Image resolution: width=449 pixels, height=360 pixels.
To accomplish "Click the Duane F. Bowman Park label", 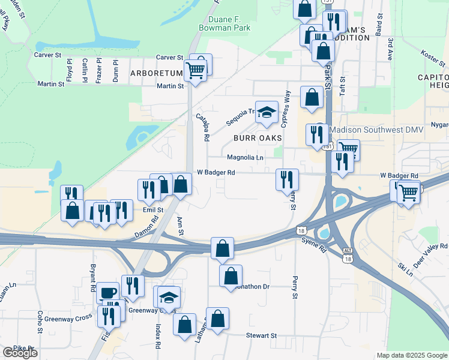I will pyautogui.click(x=225, y=22).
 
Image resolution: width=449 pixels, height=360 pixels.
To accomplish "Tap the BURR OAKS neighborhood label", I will pyautogui.click(x=258, y=137).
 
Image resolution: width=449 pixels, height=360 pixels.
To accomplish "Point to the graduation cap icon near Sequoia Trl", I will pyautogui.click(x=266, y=112).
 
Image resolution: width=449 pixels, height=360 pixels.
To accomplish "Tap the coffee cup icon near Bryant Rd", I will pyautogui.click(x=108, y=292).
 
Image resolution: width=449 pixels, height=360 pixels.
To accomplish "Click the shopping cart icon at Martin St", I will pyautogui.click(x=195, y=70).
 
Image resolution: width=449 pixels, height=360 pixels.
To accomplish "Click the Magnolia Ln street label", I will pyautogui.click(x=245, y=158).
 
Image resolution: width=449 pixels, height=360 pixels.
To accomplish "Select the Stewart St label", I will pyautogui.click(x=261, y=335).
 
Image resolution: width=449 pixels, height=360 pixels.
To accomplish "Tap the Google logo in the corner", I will pyautogui.click(x=20, y=353).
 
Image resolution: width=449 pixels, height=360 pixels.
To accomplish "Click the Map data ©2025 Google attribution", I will pyautogui.click(x=412, y=355).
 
